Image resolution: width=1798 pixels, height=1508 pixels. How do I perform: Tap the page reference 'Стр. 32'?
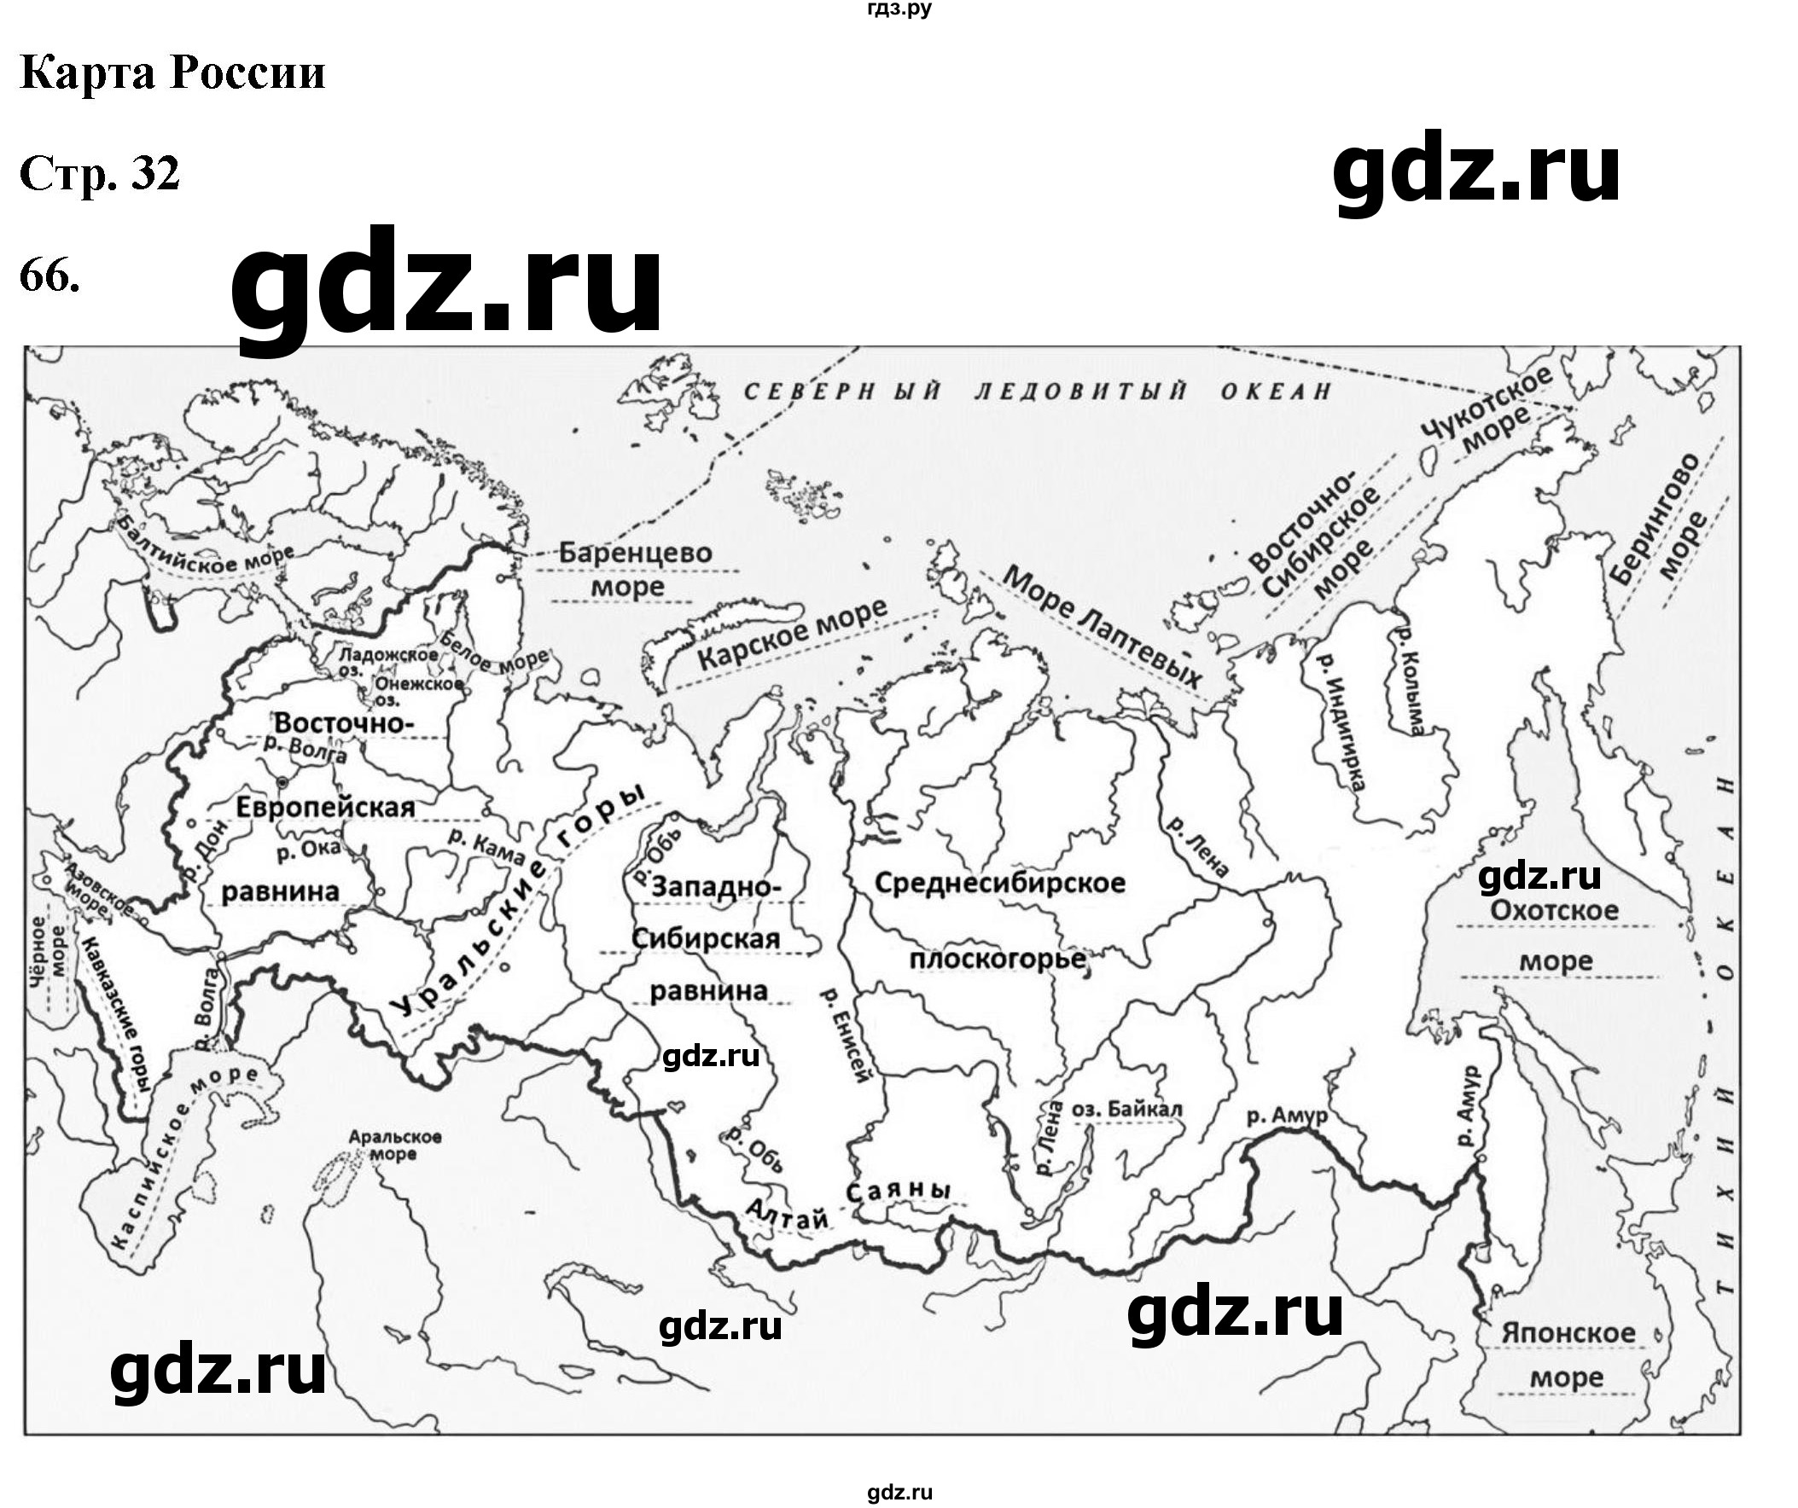(99, 175)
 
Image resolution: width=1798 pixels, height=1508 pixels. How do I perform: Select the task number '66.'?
(49, 275)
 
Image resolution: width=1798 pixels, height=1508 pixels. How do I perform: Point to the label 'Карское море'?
(793, 635)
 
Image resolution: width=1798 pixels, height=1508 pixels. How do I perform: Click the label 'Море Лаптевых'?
(1103, 627)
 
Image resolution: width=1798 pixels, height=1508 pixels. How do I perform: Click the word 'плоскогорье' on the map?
(998, 960)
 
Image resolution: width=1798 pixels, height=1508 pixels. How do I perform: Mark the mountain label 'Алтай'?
(788, 1216)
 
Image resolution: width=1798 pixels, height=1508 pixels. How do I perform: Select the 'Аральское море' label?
(395, 1145)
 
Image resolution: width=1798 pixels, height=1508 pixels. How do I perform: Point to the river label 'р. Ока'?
(308, 850)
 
